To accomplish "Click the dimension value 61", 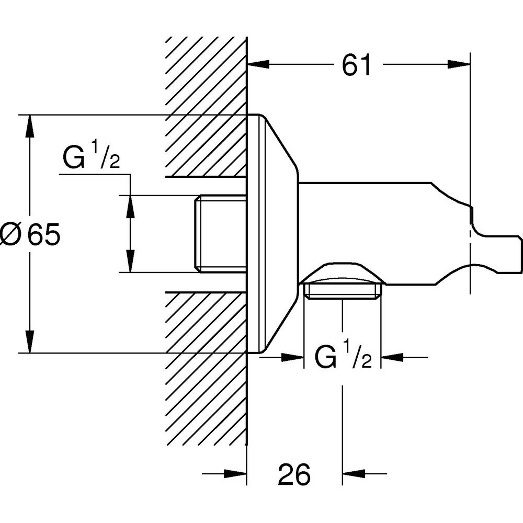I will click(356, 65).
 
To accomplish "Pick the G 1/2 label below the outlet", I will click(343, 358).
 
